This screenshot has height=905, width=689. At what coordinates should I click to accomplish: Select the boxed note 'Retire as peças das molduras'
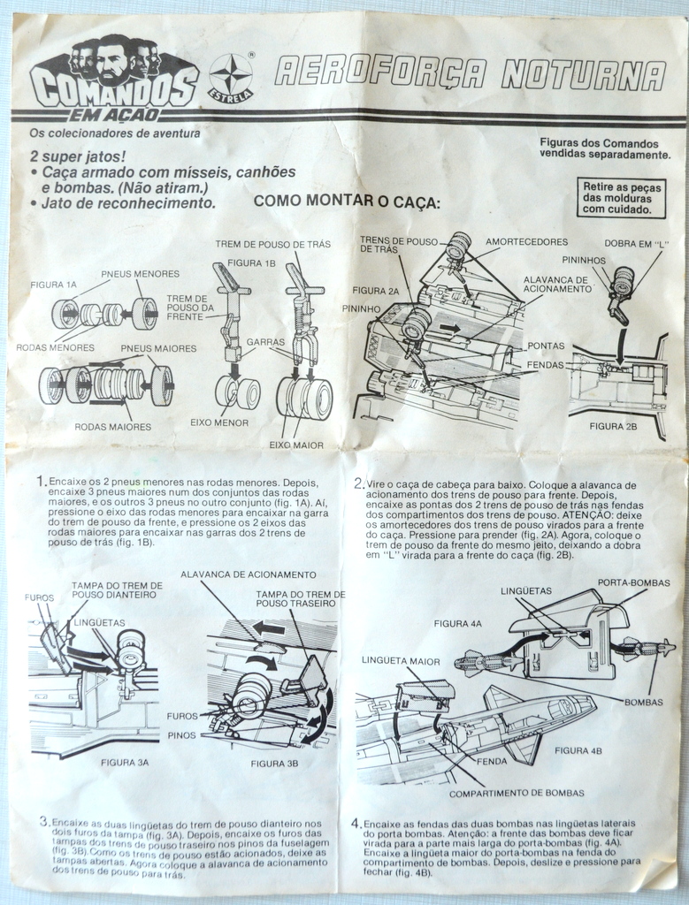click(618, 199)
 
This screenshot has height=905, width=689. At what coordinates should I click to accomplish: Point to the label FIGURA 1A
click(53, 285)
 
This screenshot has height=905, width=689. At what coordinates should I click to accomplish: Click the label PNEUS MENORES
click(140, 274)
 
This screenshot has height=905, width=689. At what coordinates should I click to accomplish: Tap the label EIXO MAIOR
click(296, 445)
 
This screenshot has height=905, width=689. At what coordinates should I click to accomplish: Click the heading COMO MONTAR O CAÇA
click(347, 202)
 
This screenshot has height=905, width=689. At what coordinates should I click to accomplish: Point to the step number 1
click(41, 482)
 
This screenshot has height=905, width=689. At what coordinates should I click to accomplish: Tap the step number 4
click(356, 824)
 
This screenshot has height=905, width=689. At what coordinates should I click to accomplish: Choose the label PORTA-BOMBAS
click(633, 583)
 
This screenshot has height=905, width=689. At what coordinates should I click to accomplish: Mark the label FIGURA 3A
click(124, 761)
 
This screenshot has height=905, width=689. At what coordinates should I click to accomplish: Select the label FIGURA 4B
click(578, 750)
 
